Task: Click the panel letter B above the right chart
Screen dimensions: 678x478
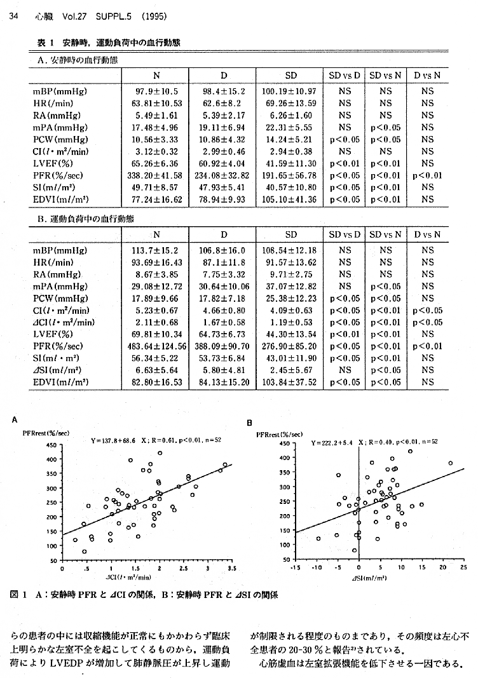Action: pyautogui.click(x=250, y=423)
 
